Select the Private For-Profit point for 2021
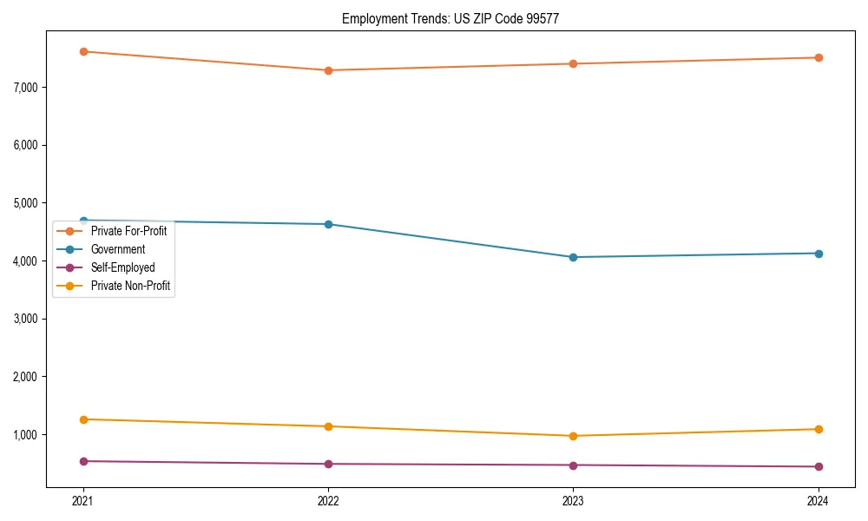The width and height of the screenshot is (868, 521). (x=83, y=51)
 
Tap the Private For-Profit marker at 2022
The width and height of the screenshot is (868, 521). (x=328, y=70)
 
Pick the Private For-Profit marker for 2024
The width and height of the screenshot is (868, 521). (x=818, y=57)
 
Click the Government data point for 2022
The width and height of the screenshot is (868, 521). (x=328, y=224)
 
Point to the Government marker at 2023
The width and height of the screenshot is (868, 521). (x=573, y=257)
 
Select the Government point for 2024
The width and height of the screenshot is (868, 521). (x=818, y=254)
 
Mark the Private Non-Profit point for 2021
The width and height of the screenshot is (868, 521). (x=83, y=419)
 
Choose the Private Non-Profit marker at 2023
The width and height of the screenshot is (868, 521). (x=573, y=436)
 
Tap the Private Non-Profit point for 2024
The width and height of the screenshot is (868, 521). (x=818, y=429)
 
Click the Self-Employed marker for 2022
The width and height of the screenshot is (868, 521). (x=328, y=464)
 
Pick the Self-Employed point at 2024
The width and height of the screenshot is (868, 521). (x=818, y=466)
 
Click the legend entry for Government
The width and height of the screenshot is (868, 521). (x=118, y=249)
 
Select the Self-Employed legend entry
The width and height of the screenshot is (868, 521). (x=122, y=267)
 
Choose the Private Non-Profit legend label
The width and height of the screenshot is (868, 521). (x=130, y=286)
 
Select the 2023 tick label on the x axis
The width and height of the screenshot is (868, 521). (x=573, y=501)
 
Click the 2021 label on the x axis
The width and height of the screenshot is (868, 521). (x=83, y=501)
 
